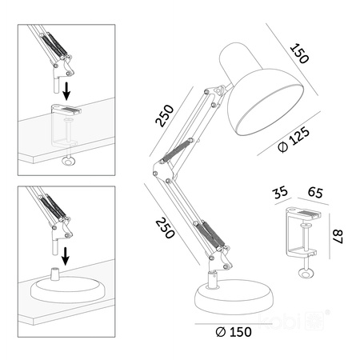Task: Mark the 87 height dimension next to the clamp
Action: point(337,238)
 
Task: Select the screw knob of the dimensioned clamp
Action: point(304,274)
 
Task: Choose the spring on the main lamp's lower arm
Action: point(209,235)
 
